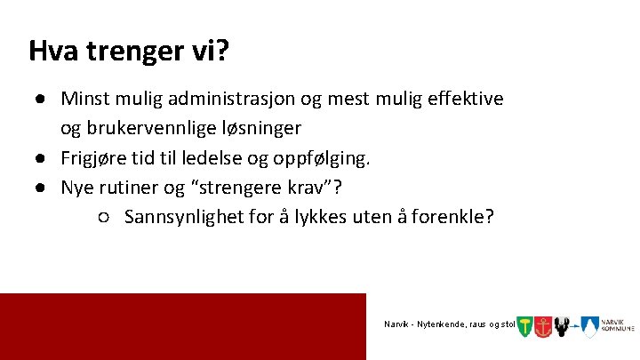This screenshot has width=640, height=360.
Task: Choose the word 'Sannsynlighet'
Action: click(x=183, y=217)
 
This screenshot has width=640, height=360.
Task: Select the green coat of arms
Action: click(x=524, y=326)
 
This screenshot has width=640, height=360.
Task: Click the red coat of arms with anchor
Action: click(x=543, y=326)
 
